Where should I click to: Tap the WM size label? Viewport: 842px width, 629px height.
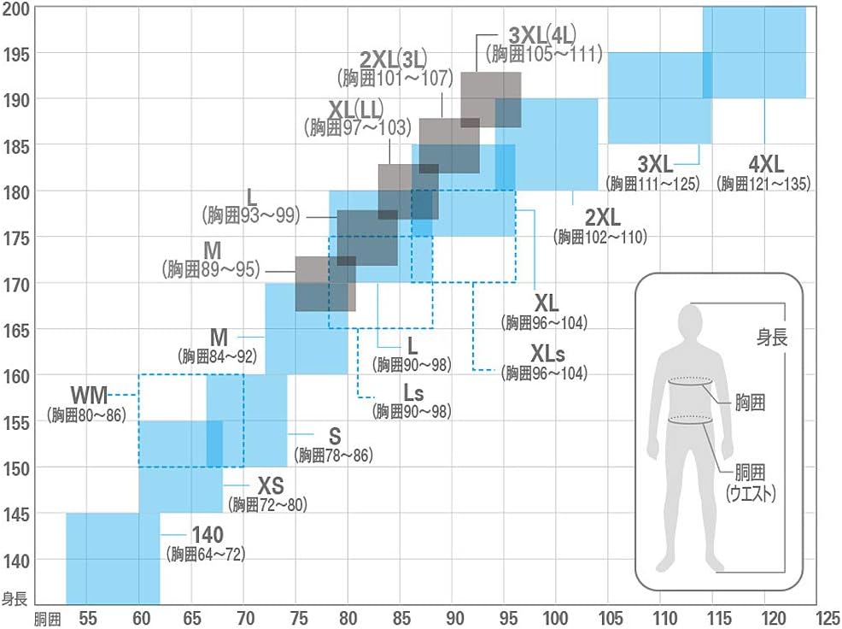point(89,396)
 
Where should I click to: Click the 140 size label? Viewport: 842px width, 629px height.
point(207,535)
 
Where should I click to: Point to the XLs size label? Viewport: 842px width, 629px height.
point(547,353)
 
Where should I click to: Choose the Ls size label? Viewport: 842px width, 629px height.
point(413,393)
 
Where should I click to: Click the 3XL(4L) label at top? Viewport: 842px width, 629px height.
point(542,35)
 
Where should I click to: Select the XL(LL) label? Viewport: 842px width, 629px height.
point(355,109)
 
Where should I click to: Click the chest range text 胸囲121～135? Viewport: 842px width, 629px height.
point(763,184)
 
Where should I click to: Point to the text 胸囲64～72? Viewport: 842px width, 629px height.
point(207,555)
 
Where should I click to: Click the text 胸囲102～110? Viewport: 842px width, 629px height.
point(600,237)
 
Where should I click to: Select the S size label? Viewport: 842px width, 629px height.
point(335,436)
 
